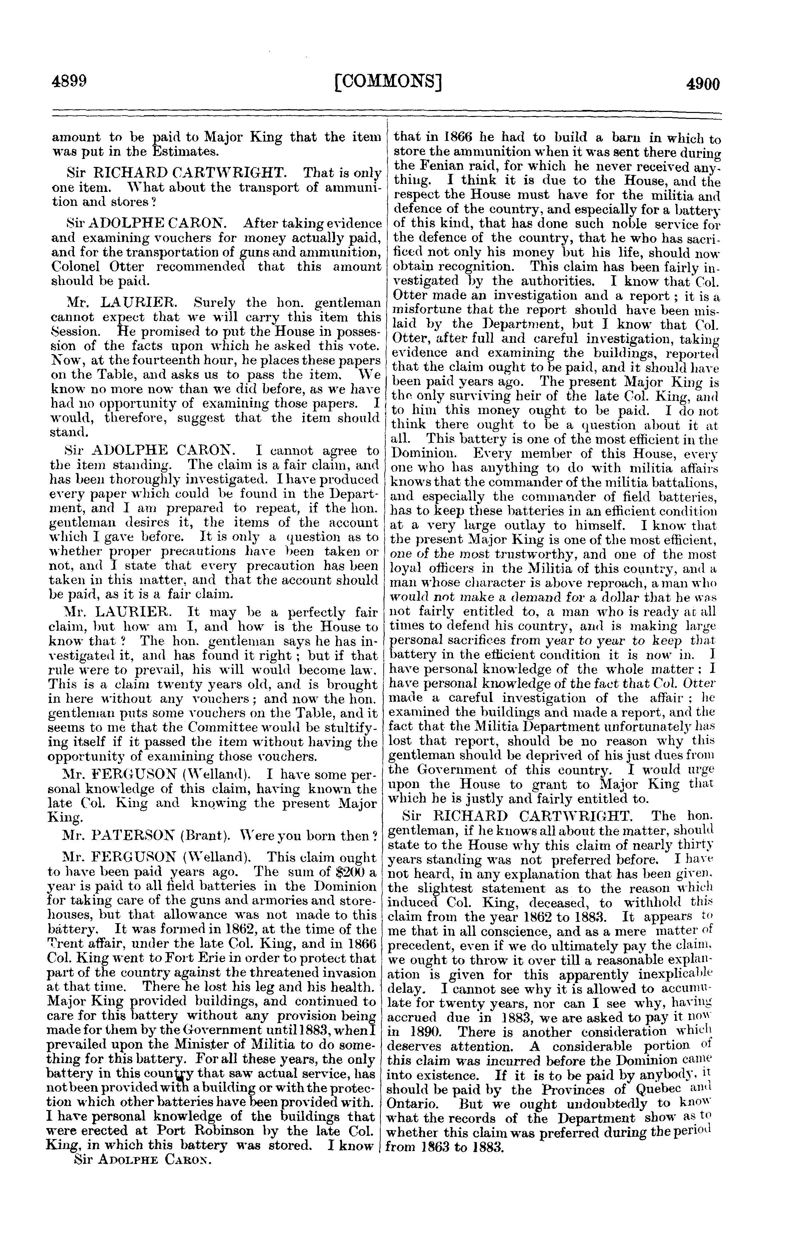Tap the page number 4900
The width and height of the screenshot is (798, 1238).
coord(703,83)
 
